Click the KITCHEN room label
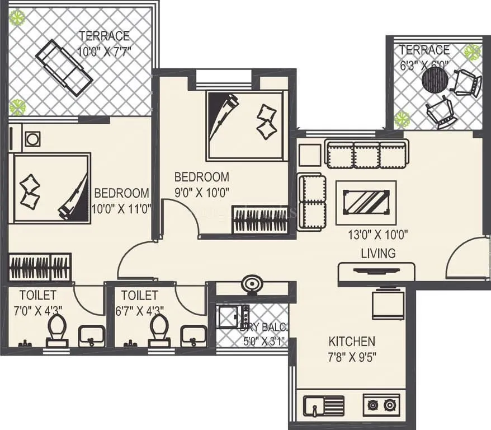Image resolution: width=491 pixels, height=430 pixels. coord(351,341)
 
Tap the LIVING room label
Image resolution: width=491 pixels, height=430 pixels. coord(377,253)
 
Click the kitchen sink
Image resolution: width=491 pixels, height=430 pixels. coord(323,405)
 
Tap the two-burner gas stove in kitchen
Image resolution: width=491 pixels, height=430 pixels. coord(382,405)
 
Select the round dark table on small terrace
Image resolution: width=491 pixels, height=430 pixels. coord(435,80)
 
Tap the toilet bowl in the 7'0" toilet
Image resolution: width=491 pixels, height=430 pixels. coord(57,330)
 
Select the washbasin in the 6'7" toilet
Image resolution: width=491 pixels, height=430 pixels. coord(193,336)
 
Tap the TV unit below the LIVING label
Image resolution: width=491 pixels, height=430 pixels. coord(377,272)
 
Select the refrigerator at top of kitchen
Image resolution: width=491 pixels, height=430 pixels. coord(385,303)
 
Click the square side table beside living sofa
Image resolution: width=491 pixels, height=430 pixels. coord(309,155)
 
